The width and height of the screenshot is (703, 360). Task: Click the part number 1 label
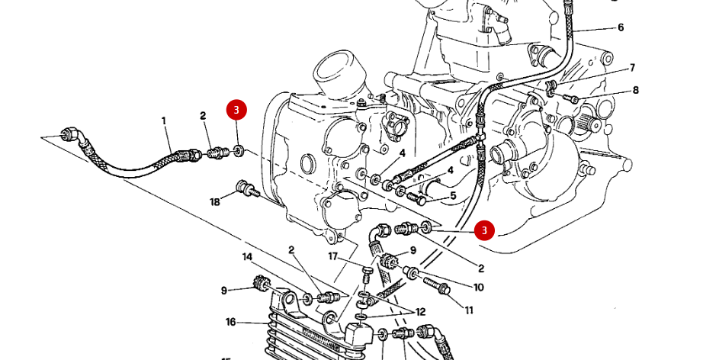click(163, 121)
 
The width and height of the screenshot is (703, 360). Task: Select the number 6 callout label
click(620, 27)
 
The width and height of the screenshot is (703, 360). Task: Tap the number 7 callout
click(632, 68)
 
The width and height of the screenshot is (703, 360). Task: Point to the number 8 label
click(635, 91)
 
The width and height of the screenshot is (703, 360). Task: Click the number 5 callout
click(453, 196)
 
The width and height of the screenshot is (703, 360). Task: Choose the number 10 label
click(478, 288)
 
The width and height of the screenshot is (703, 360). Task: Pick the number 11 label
click(469, 310)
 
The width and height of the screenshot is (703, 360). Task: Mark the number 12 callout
click(420, 313)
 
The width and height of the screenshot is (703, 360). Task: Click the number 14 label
click(247, 257)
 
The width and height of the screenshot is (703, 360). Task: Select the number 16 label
click(230, 322)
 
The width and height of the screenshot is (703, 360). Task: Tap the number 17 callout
click(333, 256)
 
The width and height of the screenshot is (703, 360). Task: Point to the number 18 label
click(215, 201)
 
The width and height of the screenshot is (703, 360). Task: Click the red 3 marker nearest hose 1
click(236, 110)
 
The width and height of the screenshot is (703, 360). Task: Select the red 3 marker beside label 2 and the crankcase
click(483, 230)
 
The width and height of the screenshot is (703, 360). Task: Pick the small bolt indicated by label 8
click(573, 98)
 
